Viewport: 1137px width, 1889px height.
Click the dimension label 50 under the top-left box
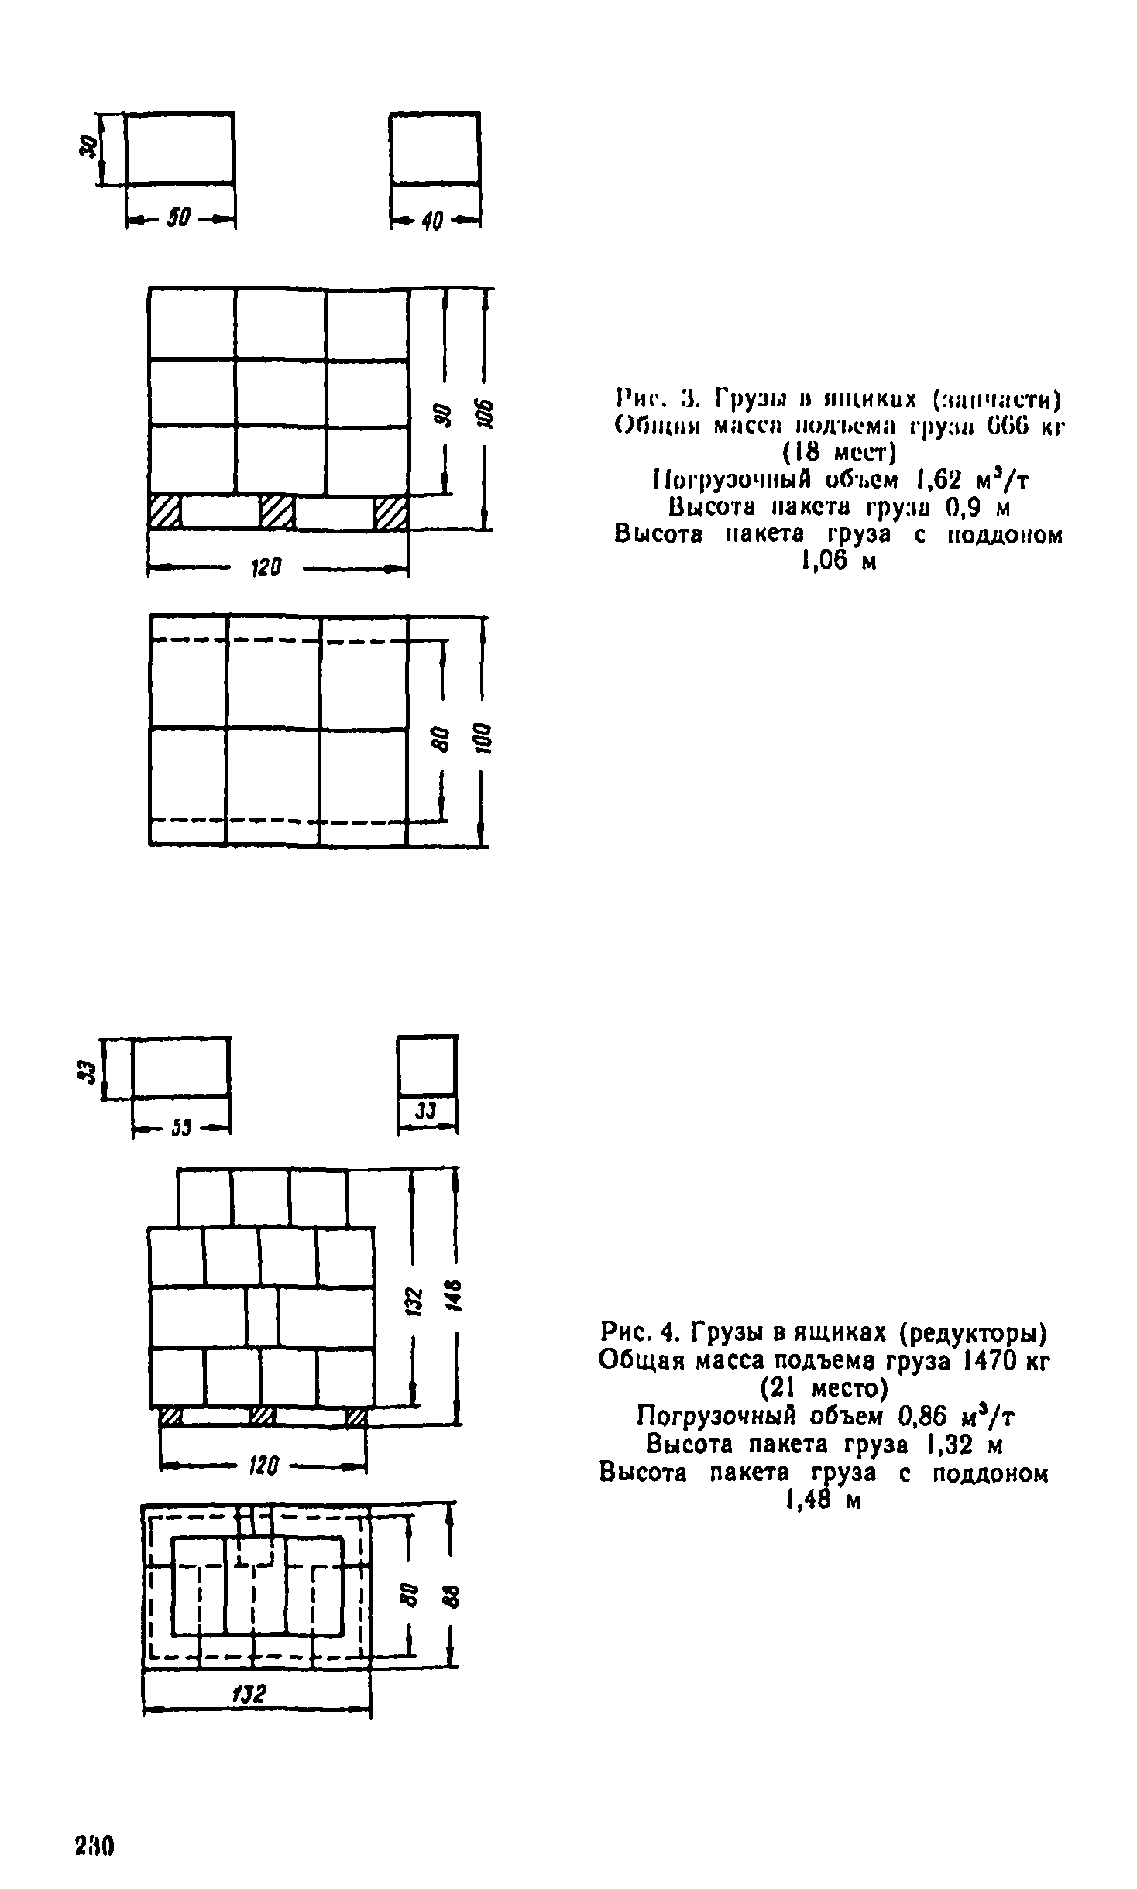click(180, 221)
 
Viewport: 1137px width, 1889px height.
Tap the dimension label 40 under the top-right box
click(432, 222)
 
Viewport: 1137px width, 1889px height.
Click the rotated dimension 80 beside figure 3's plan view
click(441, 739)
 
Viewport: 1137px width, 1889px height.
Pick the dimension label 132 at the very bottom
click(249, 1695)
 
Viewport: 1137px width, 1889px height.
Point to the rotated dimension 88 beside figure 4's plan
click(452, 1597)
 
